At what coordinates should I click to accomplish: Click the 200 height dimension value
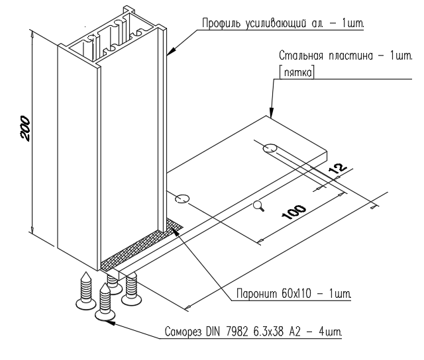tap(25, 128)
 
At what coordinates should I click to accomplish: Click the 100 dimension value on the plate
tap(294, 212)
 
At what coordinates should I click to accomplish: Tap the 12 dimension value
tap(337, 170)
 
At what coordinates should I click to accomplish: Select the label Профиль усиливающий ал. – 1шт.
tap(283, 23)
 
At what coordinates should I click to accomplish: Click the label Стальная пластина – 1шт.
tap(346, 56)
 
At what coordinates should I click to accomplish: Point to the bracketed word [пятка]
tap(297, 72)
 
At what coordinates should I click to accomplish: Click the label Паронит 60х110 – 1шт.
tap(293, 293)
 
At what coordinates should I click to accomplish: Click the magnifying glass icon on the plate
tap(259, 206)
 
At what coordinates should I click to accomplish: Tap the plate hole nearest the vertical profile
tap(182, 199)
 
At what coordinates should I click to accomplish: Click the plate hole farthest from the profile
tap(270, 148)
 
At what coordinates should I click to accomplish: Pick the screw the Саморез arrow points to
tap(105, 302)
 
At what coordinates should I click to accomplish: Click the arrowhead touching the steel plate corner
tap(271, 113)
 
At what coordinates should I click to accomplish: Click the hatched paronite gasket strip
tap(140, 244)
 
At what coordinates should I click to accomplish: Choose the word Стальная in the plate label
tap(301, 56)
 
